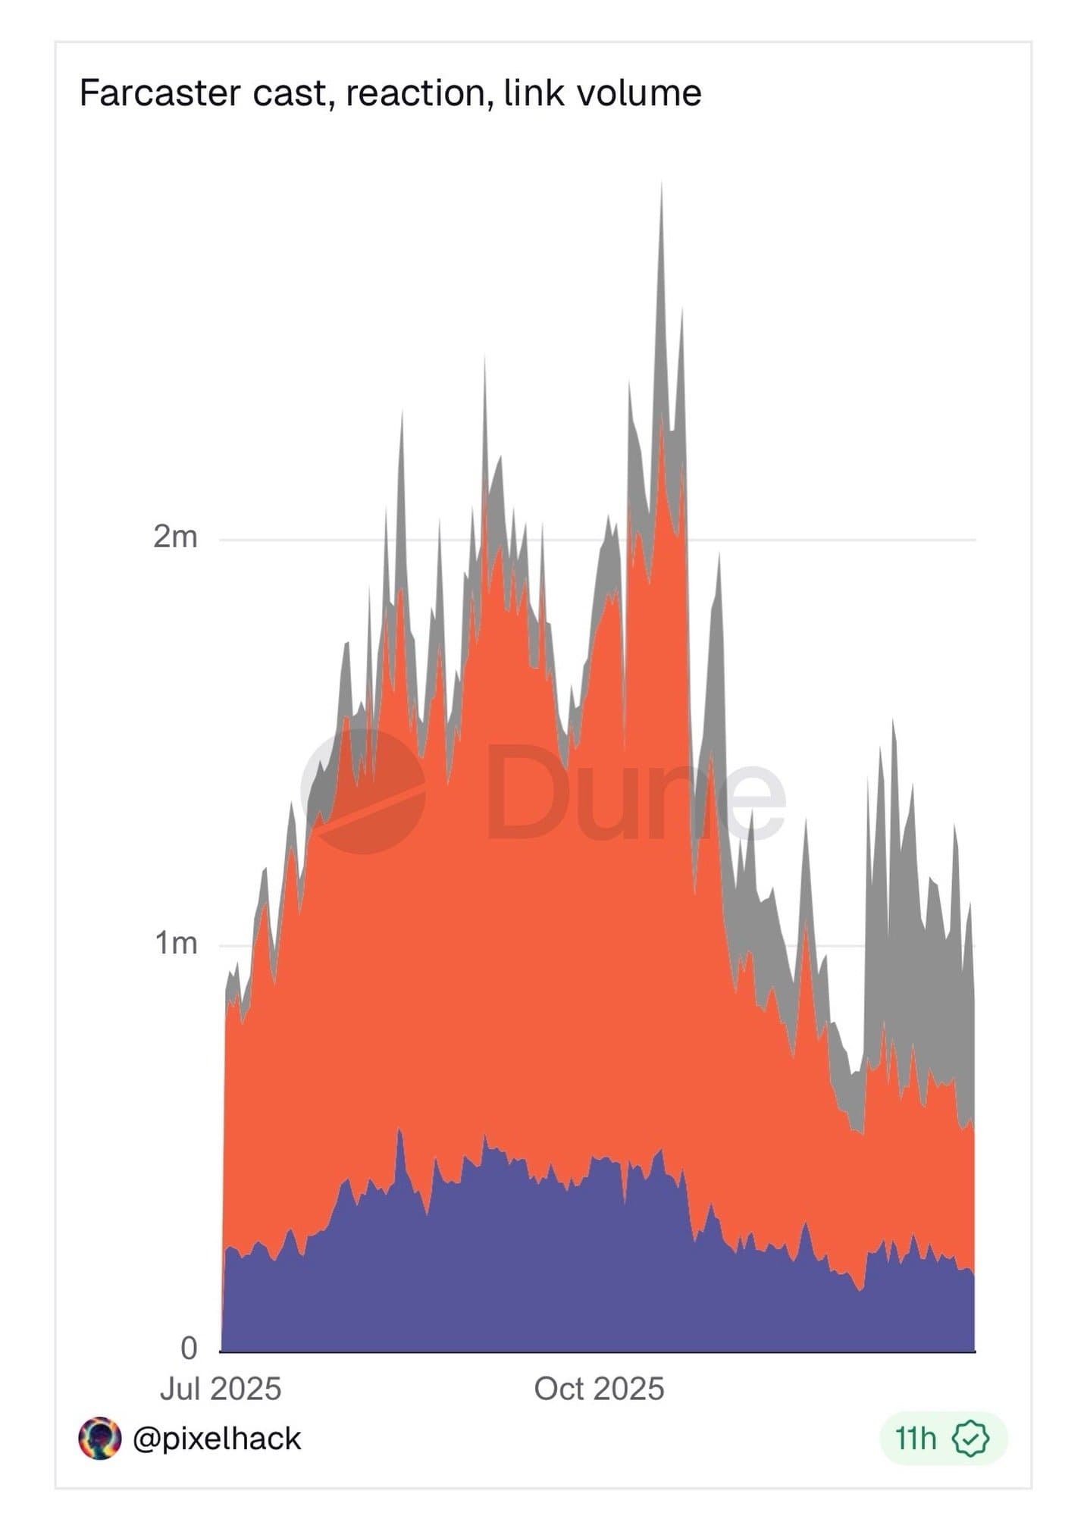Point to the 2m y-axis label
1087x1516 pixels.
175,537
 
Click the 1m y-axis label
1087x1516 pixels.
176,943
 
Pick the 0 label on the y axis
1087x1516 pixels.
189,1348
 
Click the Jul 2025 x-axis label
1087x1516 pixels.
221,1389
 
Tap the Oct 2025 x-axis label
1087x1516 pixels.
599,1389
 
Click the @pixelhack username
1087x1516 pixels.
217,1438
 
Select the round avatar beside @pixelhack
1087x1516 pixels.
99,1438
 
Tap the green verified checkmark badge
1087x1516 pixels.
971,1438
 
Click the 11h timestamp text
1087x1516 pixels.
916,1438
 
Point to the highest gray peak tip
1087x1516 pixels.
661,184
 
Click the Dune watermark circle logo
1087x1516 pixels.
364,791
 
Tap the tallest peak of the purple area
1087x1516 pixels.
399,1130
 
